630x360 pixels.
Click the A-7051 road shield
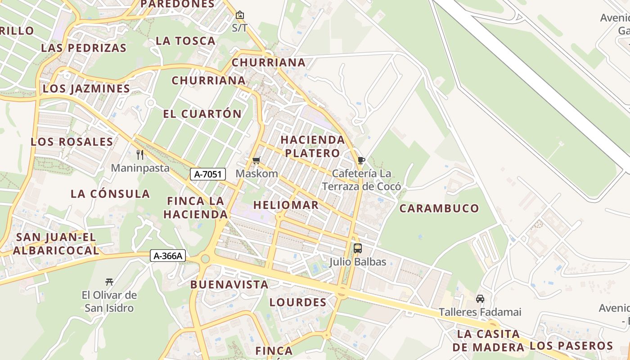point(207,174)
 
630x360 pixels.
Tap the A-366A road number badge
point(168,256)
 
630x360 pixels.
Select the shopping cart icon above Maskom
point(256,160)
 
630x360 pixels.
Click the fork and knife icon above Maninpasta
point(140,155)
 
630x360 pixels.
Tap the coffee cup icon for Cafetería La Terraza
point(361,160)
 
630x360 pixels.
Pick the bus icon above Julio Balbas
point(358,248)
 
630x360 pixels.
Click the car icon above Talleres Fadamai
point(480,299)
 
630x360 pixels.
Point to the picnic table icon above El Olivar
point(109,282)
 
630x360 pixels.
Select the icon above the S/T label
point(240,15)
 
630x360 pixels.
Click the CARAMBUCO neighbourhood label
point(439,208)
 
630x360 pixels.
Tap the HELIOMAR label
point(286,205)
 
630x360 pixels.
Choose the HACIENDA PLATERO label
point(313,146)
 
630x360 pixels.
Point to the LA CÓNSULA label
point(110,194)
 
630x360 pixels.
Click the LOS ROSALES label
point(72,142)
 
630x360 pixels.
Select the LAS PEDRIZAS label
point(84,48)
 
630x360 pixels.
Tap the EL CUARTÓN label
point(202,114)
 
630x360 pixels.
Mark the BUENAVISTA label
point(229,284)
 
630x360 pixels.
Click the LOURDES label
point(298,302)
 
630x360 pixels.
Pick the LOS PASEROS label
point(571,346)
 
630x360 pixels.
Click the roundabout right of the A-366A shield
point(205,258)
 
